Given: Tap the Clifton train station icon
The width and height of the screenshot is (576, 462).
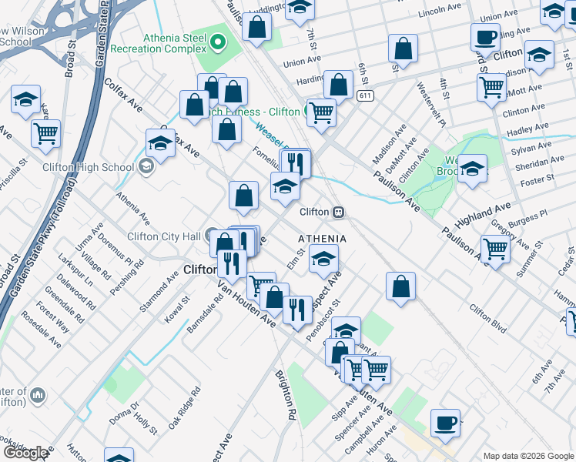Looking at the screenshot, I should (x=337, y=212).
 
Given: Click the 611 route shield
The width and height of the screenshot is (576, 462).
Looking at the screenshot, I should (x=365, y=95).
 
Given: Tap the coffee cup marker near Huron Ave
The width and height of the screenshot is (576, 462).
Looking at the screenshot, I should (x=445, y=422).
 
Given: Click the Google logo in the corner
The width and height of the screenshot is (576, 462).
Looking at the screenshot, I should (x=25, y=453).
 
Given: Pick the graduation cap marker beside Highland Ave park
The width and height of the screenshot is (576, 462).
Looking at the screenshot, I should (x=472, y=168).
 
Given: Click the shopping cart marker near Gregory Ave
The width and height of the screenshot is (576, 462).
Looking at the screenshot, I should (x=494, y=249).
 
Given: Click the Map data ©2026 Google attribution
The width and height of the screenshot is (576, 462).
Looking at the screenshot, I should (x=528, y=456).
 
